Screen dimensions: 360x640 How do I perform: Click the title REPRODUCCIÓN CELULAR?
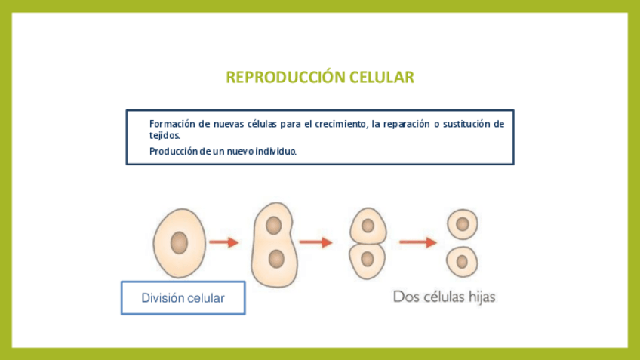coord(320,78)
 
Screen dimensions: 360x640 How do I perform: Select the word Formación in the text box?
coord(171,123)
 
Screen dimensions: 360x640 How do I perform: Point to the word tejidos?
coord(165,135)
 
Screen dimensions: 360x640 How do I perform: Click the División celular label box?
coord(183,298)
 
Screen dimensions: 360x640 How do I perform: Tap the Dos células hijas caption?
coord(444,297)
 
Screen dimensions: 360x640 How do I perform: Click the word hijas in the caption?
coord(478,297)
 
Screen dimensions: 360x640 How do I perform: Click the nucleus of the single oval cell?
coord(179,242)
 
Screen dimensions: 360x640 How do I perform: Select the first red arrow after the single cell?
coord(224,242)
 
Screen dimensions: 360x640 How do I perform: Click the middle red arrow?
coord(315,242)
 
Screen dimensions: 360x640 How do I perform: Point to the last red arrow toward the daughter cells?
coord(418,242)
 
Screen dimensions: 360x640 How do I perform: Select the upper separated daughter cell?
coord(462,224)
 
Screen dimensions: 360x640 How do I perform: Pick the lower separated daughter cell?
coord(462,262)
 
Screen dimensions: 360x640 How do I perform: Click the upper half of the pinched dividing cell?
coord(368,225)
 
